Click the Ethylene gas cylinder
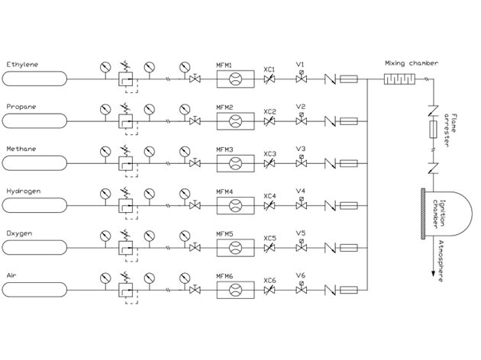(x=36, y=77)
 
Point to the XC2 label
(x=270, y=111)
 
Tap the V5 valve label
(x=301, y=233)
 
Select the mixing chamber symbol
(x=397, y=78)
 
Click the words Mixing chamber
(x=412, y=64)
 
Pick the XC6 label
(x=270, y=280)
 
